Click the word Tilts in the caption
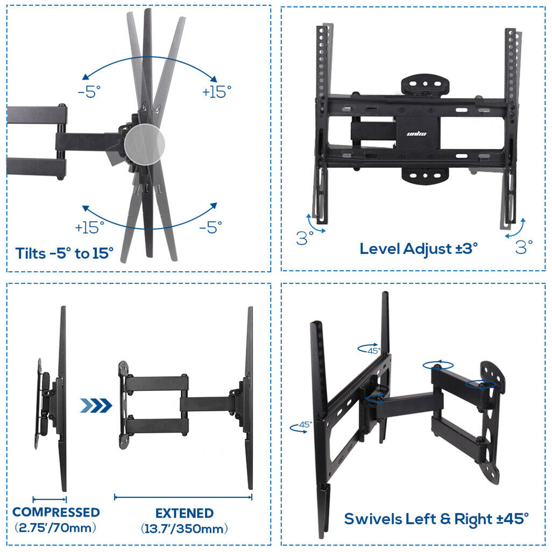[x=31, y=253]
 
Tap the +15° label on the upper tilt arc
[x=217, y=92]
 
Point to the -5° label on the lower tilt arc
[x=210, y=228]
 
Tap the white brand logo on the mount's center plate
[x=416, y=132]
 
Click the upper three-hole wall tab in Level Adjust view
[x=425, y=84]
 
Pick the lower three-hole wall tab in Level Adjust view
[x=425, y=174]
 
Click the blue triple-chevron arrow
[x=96, y=405]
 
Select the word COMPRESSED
[x=56, y=512]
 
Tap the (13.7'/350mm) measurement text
[x=185, y=528]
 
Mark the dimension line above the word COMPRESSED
[x=49, y=499]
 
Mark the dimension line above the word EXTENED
[x=183, y=497]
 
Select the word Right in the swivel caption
[x=471, y=519]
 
